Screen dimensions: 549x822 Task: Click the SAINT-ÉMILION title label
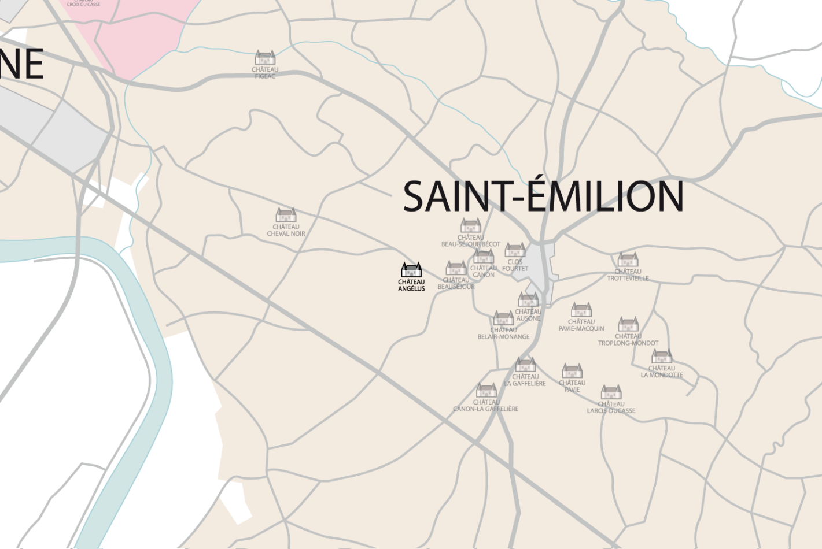[543, 196]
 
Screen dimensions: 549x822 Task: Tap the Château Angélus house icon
[411, 270]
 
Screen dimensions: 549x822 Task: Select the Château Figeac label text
[265, 73]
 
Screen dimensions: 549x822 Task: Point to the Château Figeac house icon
[265, 58]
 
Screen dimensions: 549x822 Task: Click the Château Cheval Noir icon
[286, 215]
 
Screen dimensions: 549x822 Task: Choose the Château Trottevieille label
[628, 275]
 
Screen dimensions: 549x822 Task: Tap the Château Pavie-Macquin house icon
[581, 310]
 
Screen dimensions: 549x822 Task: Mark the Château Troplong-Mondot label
[628, 340]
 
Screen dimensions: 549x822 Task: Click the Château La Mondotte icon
[662, 356]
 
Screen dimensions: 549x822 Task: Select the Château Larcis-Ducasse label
[611, 407]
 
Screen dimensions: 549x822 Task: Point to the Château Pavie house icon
[572, 371]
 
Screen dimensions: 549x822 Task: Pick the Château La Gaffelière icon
[525, 365]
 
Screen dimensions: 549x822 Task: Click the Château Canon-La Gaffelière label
[486, 406]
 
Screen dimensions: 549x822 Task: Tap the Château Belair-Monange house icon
[503, 318]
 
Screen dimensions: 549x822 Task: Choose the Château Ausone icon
[528, 299]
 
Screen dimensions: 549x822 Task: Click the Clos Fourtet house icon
[515, 250]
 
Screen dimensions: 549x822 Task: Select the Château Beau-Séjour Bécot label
[471, 241]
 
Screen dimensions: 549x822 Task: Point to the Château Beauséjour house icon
[456, 268]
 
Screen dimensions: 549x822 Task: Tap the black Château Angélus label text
[411, 285]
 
